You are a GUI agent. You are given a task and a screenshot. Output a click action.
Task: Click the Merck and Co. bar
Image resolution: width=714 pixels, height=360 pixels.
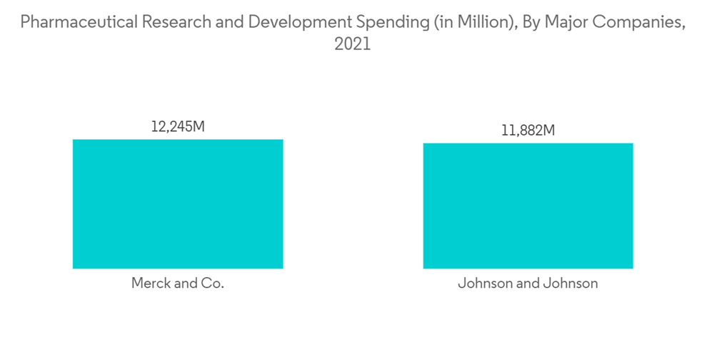click(x=178, y=204)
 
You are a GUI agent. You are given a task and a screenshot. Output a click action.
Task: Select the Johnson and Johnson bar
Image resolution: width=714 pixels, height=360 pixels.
click(x=528, y=206)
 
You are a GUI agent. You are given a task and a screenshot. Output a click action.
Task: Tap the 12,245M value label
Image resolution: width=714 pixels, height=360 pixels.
click(x=178, y=127)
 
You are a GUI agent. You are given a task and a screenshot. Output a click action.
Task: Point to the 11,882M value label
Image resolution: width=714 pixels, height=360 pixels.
click(x=528, y=131)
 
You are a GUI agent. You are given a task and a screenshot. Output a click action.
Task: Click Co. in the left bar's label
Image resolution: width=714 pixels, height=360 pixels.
click(x=213, y=284)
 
